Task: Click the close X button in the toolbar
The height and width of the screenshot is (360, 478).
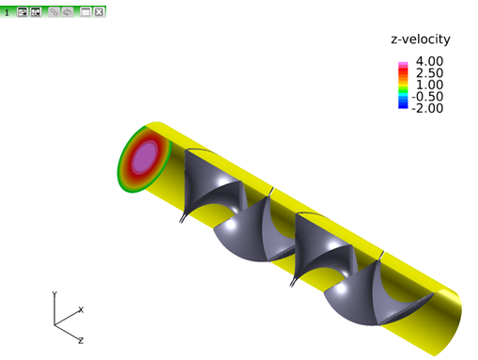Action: (x=99, y=12)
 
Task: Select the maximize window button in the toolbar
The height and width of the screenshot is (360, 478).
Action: (x=85, y=12)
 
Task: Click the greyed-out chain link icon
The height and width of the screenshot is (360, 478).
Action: (x=54, y=12)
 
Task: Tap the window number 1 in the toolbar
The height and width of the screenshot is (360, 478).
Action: (x=7, y=13)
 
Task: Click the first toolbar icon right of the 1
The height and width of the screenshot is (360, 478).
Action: (x=23, y=12)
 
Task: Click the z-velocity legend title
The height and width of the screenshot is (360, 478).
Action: (x=421, y=39)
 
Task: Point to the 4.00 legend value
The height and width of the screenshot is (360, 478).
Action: (x=429, y=61)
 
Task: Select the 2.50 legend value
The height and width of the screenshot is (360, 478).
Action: (x=429, y=73)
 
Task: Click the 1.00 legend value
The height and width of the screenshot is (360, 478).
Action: (x=429, y=85)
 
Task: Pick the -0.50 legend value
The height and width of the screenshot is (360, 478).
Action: (x=427, y=97)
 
